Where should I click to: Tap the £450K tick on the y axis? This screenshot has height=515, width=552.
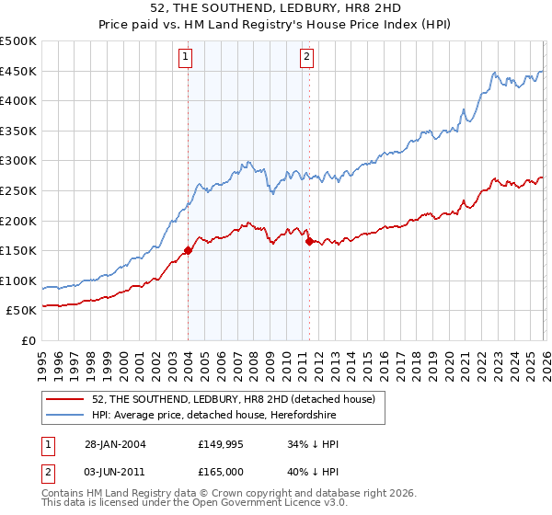[x=18, y=72]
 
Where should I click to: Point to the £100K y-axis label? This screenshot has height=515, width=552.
[x=18, y=280]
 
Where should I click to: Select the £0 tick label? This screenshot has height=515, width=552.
[x=29, y=340]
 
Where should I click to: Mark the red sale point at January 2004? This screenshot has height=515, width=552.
[x=188, y=249]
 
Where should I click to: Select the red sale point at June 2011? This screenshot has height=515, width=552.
[x=309, y=241]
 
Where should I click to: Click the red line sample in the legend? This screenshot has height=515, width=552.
[x=66, y=400]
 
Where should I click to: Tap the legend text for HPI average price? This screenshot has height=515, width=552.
[x=214, y=416]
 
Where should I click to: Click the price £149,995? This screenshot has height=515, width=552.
[x=222, y=443]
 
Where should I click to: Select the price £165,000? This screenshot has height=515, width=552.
[x=222, y=471]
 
